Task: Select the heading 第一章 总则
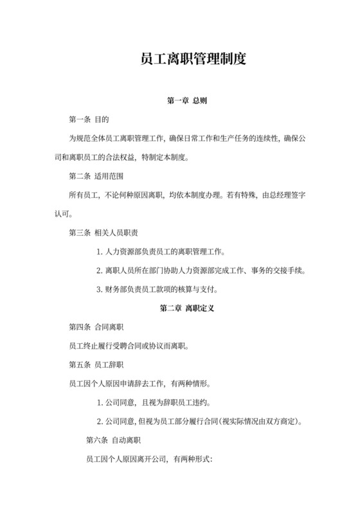tap(186, 101)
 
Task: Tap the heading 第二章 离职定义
tap(186, 308)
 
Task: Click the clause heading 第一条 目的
tap(89, 120)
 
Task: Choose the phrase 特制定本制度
tap(175, 157)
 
